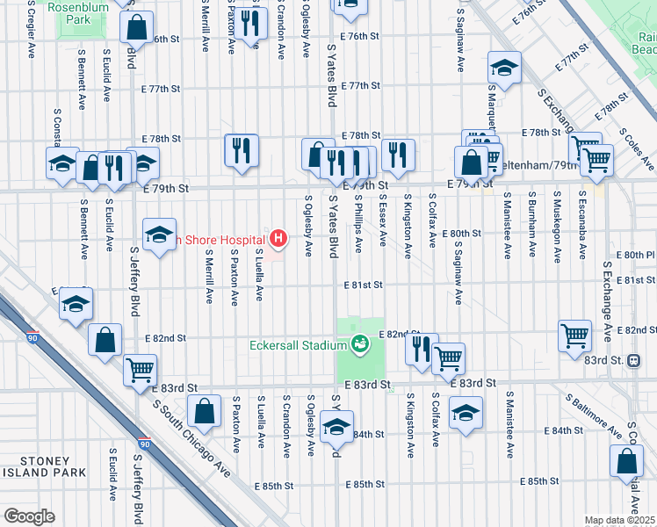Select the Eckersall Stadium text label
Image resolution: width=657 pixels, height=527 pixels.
pyautogui.click(x=298, y=345)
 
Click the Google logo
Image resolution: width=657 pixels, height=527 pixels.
pyautogui.click(x=30, y=516)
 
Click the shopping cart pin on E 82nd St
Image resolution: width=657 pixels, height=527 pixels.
pyautogui.click(x=574, y=334)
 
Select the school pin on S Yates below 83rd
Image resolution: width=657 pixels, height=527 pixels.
pyautogui.click(x=336, y=426)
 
